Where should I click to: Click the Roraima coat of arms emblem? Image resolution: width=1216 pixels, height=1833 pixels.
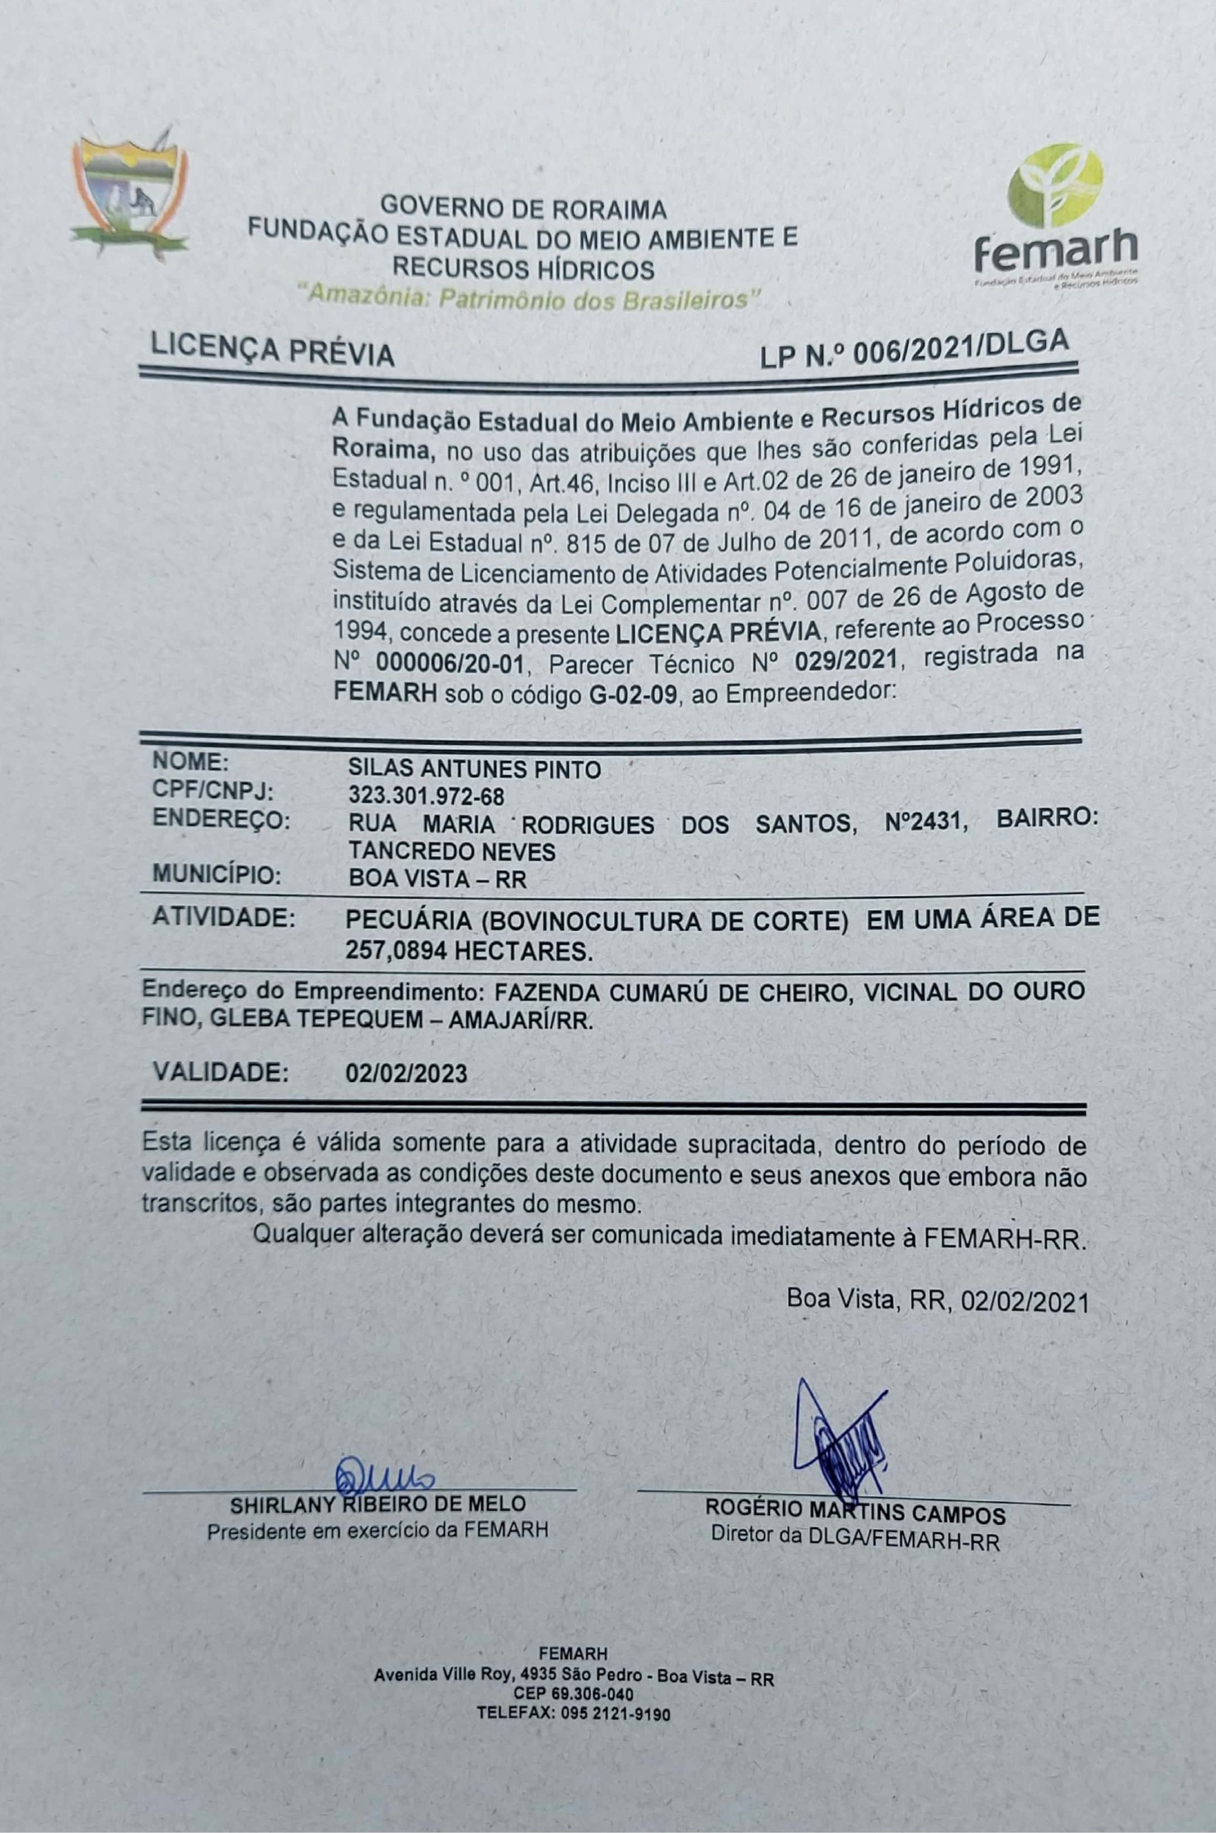tap(129, 194)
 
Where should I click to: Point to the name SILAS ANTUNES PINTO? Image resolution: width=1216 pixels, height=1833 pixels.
tap(474, 769)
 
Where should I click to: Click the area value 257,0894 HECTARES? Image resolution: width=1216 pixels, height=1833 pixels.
tap(469, 952)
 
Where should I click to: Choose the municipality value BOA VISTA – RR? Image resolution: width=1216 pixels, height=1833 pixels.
tap(437, 879)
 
